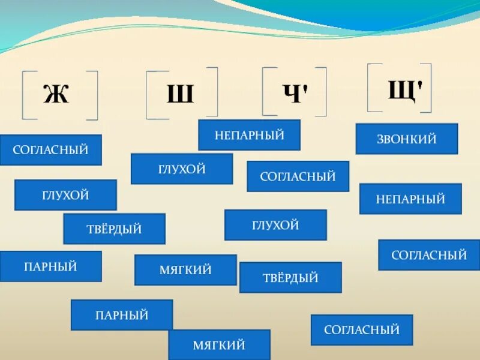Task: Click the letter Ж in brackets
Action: [x=56, y=95]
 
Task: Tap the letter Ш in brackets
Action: [x=179, y=95]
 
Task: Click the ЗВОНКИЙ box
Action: [x=406, y=139]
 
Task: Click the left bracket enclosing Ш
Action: [x=149, y=95]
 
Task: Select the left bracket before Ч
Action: [x=265, y=91]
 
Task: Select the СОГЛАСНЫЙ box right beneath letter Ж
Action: [x=51, y=150]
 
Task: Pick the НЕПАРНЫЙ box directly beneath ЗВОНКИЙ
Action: [x=410, y=199]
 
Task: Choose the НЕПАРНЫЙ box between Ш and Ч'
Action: [x=249, y=135]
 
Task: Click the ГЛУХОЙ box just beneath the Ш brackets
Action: [x=182, y=169]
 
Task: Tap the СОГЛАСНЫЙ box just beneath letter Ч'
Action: [x=298, y=176]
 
